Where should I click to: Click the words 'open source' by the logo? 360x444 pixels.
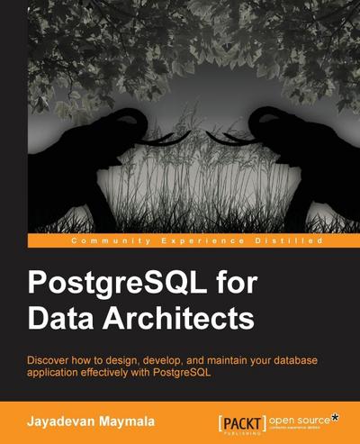[301, 416]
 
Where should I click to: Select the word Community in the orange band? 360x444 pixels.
[104, 241]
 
